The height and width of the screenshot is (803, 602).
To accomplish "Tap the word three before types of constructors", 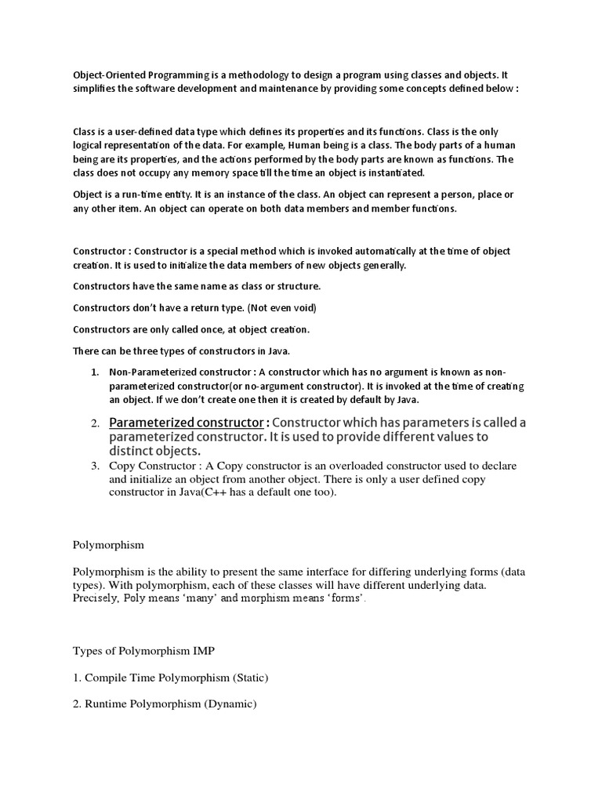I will coord(144,350).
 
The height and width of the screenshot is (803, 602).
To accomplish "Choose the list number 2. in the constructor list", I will coord(96,424).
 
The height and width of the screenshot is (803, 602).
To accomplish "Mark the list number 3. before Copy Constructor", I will coord(96,466).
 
